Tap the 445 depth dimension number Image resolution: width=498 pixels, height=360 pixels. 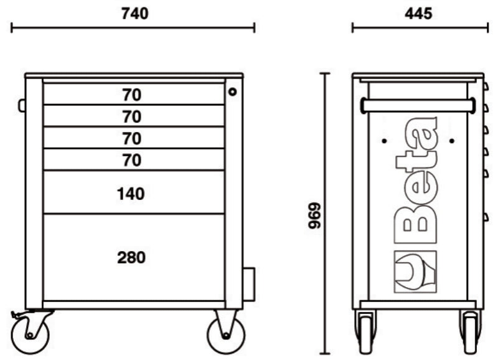[x=418, y=12]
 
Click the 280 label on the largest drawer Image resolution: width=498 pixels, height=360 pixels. [x=131, y=257]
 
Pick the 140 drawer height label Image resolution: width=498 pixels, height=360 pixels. [x=131, y=194]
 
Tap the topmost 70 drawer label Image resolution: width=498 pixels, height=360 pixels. [x=131, y=95]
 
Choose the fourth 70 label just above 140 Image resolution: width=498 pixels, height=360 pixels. [x=131, y=160]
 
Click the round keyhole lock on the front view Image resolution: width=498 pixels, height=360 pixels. [x=233, y=92]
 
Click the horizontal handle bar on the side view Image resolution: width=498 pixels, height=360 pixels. [x=418, y=105]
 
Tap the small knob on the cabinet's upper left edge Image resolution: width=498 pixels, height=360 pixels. [x=22, y=105]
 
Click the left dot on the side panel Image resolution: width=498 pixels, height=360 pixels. [x=384, y=140]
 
